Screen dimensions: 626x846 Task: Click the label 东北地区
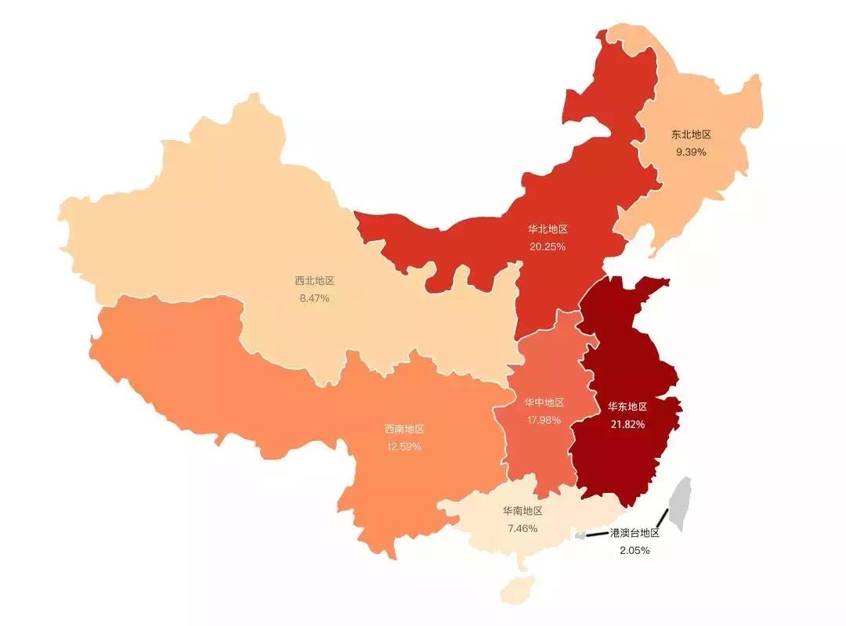(691, 135)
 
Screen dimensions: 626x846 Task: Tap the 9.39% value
(691, 152)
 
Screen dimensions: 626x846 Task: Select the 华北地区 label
(548, 229)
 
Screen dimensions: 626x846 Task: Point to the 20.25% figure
(548, 246)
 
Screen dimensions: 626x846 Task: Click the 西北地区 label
(314, 281)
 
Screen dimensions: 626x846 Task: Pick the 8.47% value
(314, 298)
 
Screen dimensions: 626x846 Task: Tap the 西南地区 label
(403, 430)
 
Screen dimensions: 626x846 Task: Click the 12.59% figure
(403, 447)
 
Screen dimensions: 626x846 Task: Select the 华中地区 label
(544, 402)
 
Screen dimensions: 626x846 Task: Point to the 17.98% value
(544, 419)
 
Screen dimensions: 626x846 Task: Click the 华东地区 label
(627, 407)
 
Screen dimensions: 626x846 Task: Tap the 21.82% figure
(627, 424)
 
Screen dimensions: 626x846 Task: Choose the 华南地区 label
(522, 511)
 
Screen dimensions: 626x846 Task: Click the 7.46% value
(522, 528)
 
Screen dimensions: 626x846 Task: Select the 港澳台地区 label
(634, 533)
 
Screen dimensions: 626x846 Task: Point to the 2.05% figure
(634, 550)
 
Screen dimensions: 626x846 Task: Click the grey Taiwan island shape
(682, 501)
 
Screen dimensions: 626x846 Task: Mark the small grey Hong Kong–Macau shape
(580, 535)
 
